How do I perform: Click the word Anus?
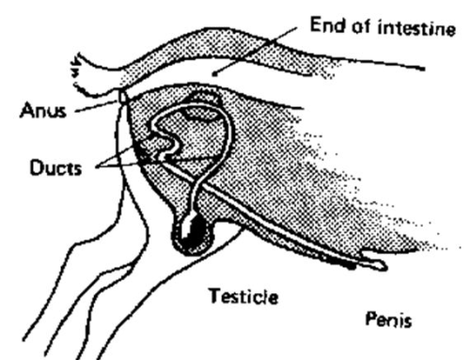click(43, 111)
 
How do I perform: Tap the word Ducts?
click(55, 167)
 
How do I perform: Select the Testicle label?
click(243, 296)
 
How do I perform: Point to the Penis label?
click(388, 320)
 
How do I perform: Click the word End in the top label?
click(328, 25)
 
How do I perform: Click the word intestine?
click(416, 28)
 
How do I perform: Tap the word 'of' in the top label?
click(362, 27)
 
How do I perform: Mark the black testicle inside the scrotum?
click(193, 231)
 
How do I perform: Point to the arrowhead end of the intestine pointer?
click(214, 74)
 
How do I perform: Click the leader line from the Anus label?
click(97, 106)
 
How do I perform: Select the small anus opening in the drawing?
click(122, 97)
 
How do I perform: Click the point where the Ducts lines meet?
click(98, 166)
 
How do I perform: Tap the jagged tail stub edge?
click(76, 72)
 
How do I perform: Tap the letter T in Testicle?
click(215, 296)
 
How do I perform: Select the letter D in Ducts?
click(36, 167)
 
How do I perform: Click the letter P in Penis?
click(370, 319)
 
